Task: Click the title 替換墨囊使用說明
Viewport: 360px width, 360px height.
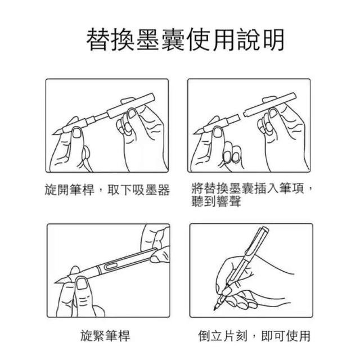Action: click(185, 39)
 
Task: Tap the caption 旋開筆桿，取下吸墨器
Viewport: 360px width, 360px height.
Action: click(107, 190)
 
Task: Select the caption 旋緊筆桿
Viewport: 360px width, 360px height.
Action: click(105, 335)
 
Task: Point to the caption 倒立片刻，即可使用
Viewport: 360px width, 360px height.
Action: click(254, 336)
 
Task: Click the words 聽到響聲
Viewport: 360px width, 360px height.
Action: click(216, 201)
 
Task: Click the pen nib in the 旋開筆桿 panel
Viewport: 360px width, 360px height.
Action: click(58, 132)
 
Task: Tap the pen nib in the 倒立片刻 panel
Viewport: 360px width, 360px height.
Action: click(216, 305)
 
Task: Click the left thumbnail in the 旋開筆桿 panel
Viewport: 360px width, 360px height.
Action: click(76, 133)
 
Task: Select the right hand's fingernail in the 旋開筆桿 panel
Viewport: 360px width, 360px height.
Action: click(132, 113)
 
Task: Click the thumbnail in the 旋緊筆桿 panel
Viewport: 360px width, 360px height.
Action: click(82, 283)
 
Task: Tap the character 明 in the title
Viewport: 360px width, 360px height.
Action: click(274, 39)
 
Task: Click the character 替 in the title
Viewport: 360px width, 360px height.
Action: click(97, 39)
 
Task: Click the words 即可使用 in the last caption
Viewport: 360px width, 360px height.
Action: click(286, 336)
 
